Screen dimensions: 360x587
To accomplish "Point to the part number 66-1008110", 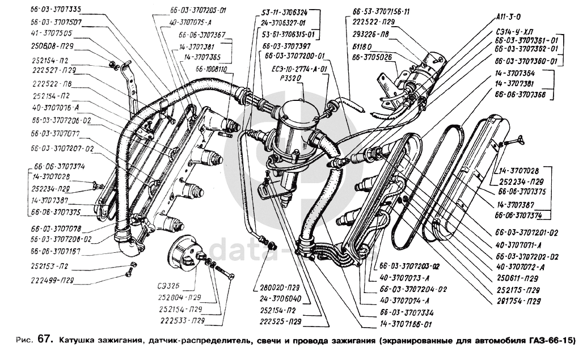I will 211,69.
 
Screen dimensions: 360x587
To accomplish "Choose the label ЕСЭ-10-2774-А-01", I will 299,69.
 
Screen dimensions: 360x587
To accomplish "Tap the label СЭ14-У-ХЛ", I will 514,32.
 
